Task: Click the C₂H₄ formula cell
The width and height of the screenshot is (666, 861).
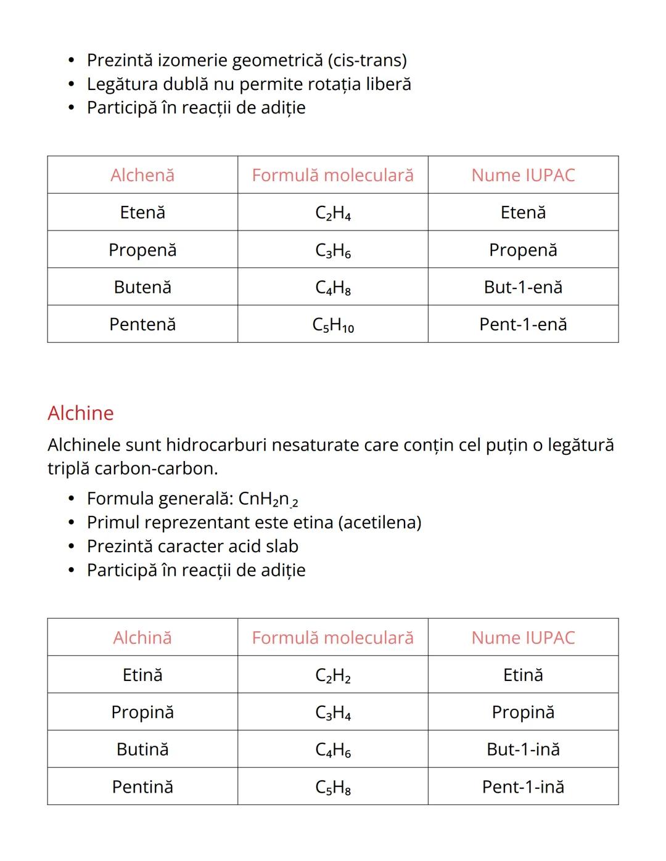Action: click(x=333, y=213)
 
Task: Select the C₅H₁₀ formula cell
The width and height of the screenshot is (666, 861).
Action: click(x=333, y=325)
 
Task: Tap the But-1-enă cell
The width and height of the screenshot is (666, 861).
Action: click(x=523, y=287)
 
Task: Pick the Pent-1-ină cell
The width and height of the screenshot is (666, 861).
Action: click(x=523, y=787)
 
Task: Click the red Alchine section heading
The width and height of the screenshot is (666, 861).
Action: click(x=81, y=413)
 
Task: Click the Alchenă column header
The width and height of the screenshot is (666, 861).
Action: click(x=142, y=175)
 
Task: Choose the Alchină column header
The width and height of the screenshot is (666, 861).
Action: click(x=142, y=638)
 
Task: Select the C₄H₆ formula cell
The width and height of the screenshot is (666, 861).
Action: click(x=333, y=750)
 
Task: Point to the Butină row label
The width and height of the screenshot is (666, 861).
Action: click(x=142, y=749)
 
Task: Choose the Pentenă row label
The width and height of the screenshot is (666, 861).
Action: click(x=142, y=324)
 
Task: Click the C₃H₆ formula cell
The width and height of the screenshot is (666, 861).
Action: click(x=333, y=250)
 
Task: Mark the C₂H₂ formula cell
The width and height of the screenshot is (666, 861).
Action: click(x=333, y=675)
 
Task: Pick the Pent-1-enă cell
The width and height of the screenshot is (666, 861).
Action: click(x=523, y=324)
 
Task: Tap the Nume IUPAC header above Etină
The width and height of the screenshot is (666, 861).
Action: click(x=523, y=638)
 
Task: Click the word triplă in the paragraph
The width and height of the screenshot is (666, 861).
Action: click(x=68, y=468)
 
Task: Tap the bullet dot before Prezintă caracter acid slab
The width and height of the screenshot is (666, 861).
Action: click(x=72, y=547)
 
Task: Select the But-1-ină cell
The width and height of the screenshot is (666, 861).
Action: click(x=523, y=749)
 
